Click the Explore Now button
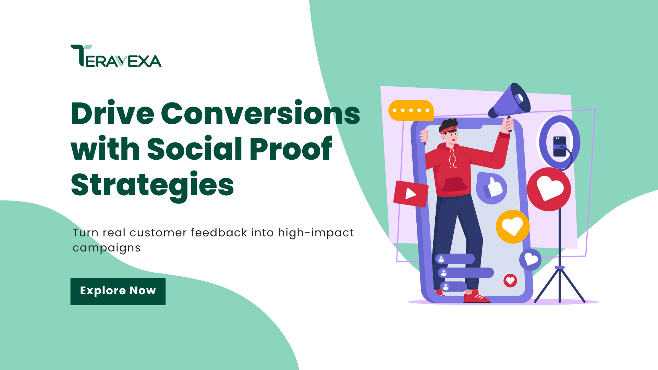[118, 291]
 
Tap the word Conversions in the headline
[260, 113]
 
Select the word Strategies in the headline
[152, 185]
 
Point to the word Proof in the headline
[291, 149]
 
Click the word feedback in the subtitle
[219, 233]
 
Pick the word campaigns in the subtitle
[106, 248]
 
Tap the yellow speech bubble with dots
[411, 110]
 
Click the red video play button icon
[411, 194]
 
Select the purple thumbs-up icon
[492, 188]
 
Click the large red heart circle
[549, 189]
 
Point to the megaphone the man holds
[511, 101]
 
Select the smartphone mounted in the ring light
[560, 146]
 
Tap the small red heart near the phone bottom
[510, 281]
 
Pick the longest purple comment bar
[466, 273]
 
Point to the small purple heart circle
[531, 259]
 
